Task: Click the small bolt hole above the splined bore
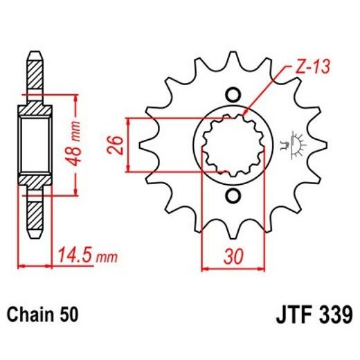tap(233, 95)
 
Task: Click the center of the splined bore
tap(233, 145)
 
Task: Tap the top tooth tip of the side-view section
tap(35, 56)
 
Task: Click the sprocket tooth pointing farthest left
tap(143, 145)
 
